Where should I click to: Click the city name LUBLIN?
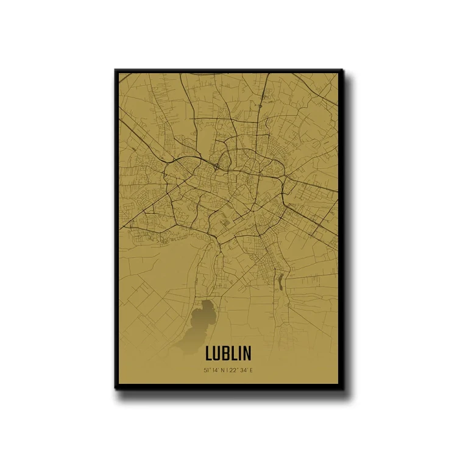[232, 353]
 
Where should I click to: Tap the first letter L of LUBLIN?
[210, 353]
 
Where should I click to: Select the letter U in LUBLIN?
[218, 353]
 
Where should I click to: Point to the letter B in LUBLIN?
[227, 353]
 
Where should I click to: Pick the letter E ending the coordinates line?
[255, 370]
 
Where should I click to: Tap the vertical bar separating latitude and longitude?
[230, 370]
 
